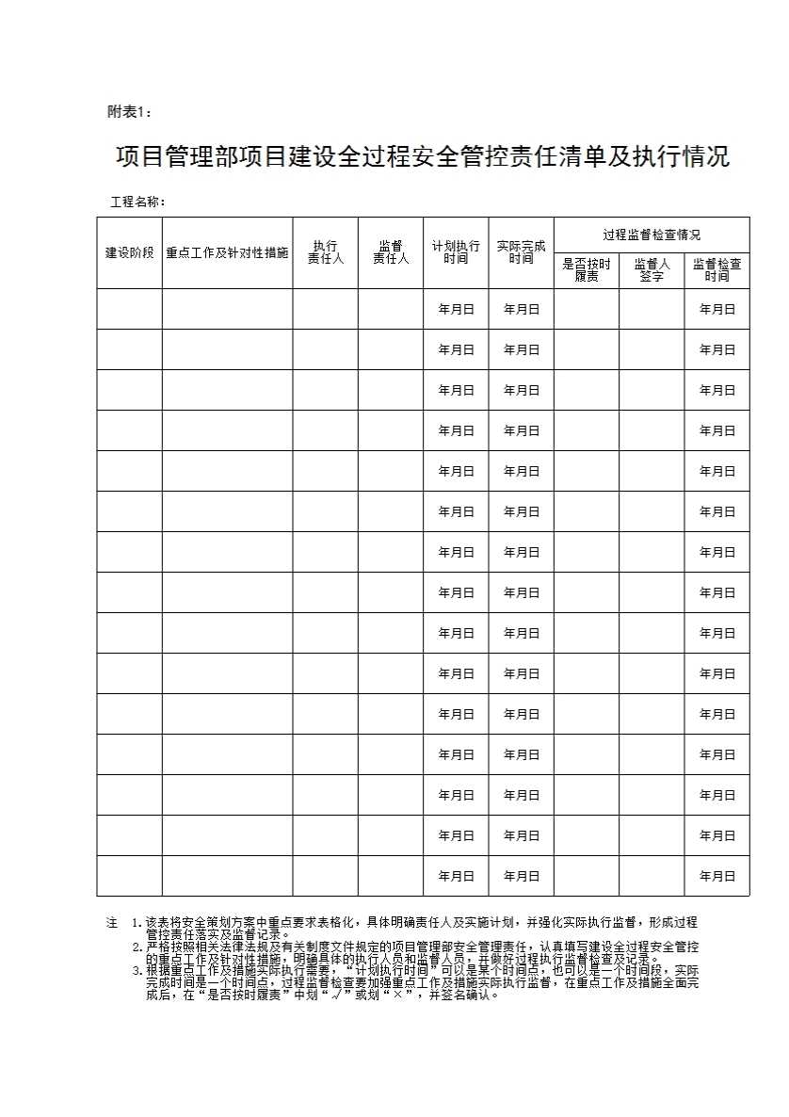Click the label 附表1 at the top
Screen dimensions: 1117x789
(129, 112)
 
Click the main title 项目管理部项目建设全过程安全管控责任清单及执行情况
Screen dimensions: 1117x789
(423, 156)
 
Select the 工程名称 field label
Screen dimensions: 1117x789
(137, 202)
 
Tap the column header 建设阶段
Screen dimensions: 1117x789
(129, 252)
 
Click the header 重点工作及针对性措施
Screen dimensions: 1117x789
(227, 252)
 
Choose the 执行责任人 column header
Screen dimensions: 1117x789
(325, 251)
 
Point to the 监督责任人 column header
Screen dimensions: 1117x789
(391, 251)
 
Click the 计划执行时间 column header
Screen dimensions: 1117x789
(456, 251)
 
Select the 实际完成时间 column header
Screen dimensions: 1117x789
(521, 251)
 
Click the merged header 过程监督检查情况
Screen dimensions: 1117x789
(652, 235)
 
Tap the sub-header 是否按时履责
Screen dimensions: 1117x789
(587, 270)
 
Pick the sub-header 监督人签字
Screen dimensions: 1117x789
(652, 270)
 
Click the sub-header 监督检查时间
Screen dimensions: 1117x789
(717, 270)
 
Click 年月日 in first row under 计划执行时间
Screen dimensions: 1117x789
(456, 309)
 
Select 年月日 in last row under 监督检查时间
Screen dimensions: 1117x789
(717, 876)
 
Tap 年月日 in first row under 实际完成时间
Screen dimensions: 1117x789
(521, 309)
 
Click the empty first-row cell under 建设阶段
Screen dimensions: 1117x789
(129, 309)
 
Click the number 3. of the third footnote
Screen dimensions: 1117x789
(137, 970)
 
